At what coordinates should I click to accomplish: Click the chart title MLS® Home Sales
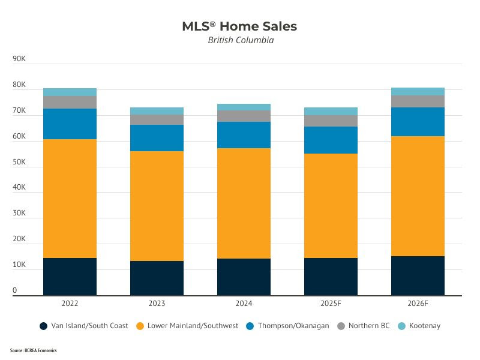click(239, 26)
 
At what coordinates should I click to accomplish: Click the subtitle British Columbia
click(241, 41)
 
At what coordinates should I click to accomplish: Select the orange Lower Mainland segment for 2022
click(70, 199)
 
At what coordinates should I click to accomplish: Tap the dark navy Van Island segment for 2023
click(157, 278)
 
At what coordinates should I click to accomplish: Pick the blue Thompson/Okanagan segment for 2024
click(244, 135)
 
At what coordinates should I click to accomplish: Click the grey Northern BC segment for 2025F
click(331, 121)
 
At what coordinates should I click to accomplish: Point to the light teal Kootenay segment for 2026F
click(418, 91)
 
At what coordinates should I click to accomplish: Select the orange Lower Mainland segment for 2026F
click(418, 196)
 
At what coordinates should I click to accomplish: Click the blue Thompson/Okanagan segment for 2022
click(70, 124)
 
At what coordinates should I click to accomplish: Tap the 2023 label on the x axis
click(157, 304)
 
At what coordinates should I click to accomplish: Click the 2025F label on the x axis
click(331, 304)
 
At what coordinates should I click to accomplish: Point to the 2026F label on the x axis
click(418, 304)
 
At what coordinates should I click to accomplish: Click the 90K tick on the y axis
click(19, 59)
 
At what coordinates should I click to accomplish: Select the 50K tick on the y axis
click(19, 162)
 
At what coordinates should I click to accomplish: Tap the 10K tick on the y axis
click(19, 265)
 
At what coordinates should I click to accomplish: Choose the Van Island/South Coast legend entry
click(83, 326)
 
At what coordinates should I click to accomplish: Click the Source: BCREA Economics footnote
click(33, 350)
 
